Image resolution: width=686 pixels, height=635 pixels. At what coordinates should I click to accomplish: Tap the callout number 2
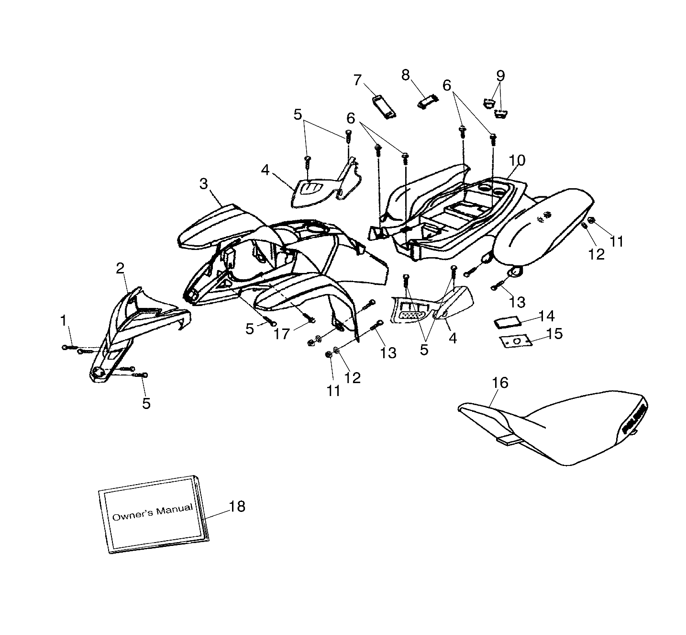pos(120,268)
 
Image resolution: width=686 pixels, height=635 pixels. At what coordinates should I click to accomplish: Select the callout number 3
pos(204,183)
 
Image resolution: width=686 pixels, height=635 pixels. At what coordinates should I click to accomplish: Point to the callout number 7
pos(357,80)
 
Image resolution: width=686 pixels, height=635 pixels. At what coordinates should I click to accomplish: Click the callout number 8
pos(406,75)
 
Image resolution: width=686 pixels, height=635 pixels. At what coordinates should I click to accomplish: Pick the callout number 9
pos(500,75)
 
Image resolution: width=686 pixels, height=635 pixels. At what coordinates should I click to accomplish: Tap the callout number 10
pos(517,160)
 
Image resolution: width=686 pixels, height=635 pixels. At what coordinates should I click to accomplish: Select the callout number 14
pos(546,316)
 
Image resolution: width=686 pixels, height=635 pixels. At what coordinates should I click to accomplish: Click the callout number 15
pos(554,334)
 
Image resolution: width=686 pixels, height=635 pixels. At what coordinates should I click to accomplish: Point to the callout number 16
pos(500,383)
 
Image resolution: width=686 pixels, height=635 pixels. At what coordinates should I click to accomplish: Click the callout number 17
pos(282,333)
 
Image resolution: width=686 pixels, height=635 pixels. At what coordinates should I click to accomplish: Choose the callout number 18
pos(237,506)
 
